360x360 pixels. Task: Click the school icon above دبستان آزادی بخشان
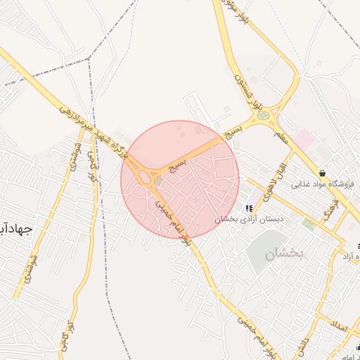click(x=248, y=208)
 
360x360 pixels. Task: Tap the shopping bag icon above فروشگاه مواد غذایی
click(x=322, y=172)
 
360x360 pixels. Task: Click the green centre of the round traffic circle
click(x=263, y=115)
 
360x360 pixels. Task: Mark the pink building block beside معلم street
click(x=304, y=138)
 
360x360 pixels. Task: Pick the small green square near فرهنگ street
click(x=307, y=224)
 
